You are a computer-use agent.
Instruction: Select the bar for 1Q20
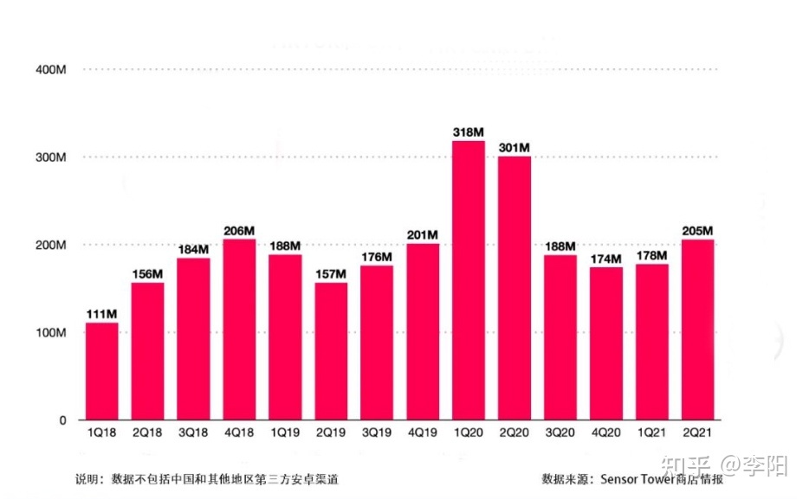coord(469,280)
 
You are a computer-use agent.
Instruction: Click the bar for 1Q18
coord(101,371)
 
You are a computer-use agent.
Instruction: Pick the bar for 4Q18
coord(239,329)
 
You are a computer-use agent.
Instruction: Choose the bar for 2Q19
coord(331,351)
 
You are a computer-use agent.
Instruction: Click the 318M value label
coord(469,131)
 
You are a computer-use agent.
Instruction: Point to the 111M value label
coord(101,313)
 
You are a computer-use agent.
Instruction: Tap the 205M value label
coord(697,230)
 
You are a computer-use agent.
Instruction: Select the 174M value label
coord(606,259)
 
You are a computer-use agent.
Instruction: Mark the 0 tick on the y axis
coord(62,420)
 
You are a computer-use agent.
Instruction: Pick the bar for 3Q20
coord(560,337)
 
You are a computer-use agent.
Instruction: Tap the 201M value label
coord(423,234)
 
